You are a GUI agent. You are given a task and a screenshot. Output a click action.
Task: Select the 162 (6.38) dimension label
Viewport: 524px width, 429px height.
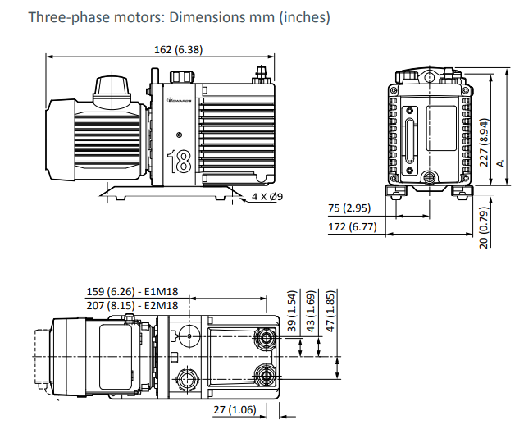178,50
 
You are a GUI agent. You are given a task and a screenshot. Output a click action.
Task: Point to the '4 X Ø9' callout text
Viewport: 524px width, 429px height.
267,197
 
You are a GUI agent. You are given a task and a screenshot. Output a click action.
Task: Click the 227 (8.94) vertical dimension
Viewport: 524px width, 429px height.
484,141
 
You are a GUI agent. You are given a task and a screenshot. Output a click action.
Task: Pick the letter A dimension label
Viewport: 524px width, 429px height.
500,163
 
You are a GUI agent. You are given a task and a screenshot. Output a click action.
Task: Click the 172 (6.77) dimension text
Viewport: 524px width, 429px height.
352,226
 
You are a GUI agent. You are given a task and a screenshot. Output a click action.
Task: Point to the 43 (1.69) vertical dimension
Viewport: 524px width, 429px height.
310,310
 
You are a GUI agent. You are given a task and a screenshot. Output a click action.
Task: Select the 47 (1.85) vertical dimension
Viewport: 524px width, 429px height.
330,310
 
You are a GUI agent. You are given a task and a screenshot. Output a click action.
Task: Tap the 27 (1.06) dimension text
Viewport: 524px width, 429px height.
234,409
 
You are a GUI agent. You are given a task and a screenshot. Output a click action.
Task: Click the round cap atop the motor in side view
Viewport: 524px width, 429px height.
111,84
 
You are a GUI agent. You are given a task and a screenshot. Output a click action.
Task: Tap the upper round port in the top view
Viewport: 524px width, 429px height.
266,338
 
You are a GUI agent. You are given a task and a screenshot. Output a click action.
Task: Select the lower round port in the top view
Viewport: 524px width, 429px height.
266,377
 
